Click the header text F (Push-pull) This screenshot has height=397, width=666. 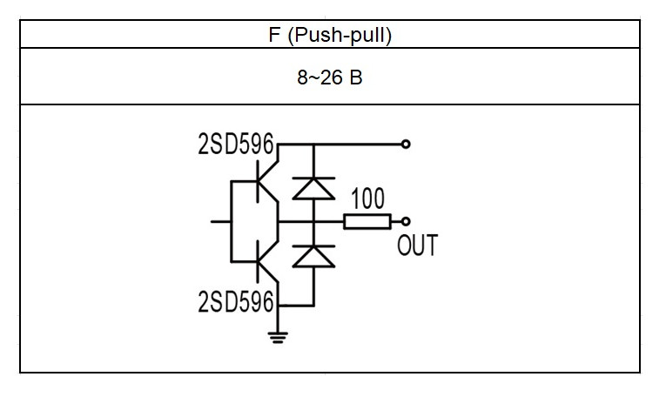tap(330, 35)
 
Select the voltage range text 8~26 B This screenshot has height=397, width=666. tap(330, 77)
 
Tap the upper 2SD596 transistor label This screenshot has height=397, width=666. tap(236, 144)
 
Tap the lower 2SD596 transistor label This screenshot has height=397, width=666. tap(236, 302)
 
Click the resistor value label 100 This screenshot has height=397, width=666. tap(368, 198)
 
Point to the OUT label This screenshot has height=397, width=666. tap(417, 246)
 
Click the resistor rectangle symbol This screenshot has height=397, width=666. tap(367, 222)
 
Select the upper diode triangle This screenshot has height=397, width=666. tap(314, 188)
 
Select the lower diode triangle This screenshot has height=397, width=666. tap(314, 257)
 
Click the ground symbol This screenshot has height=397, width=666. tap(278, 337)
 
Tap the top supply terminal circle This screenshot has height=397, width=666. tap(406, 144)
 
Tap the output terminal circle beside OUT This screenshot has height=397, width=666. tap(406, 222)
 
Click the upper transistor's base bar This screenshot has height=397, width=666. tap(258, 181)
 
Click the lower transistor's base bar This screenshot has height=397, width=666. tap(258, 261)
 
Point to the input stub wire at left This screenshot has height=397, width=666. tap(221, 222)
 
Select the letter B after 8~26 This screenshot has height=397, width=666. tap(356, 77)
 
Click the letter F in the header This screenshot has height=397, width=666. tap(274, 35)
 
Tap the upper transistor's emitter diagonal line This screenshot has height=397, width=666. tap(268, 192)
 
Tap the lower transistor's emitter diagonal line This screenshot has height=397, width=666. tap(268, 273)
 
